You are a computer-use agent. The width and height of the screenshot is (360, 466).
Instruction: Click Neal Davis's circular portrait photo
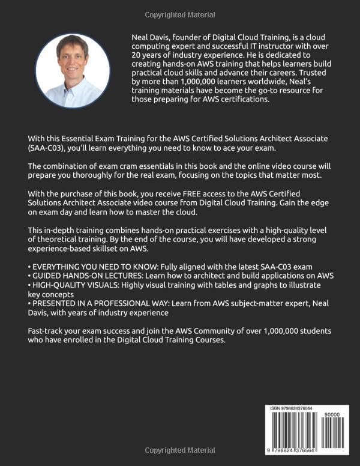(x=73, y=70)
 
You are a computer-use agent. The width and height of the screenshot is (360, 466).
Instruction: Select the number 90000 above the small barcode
(x=332, y=414)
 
